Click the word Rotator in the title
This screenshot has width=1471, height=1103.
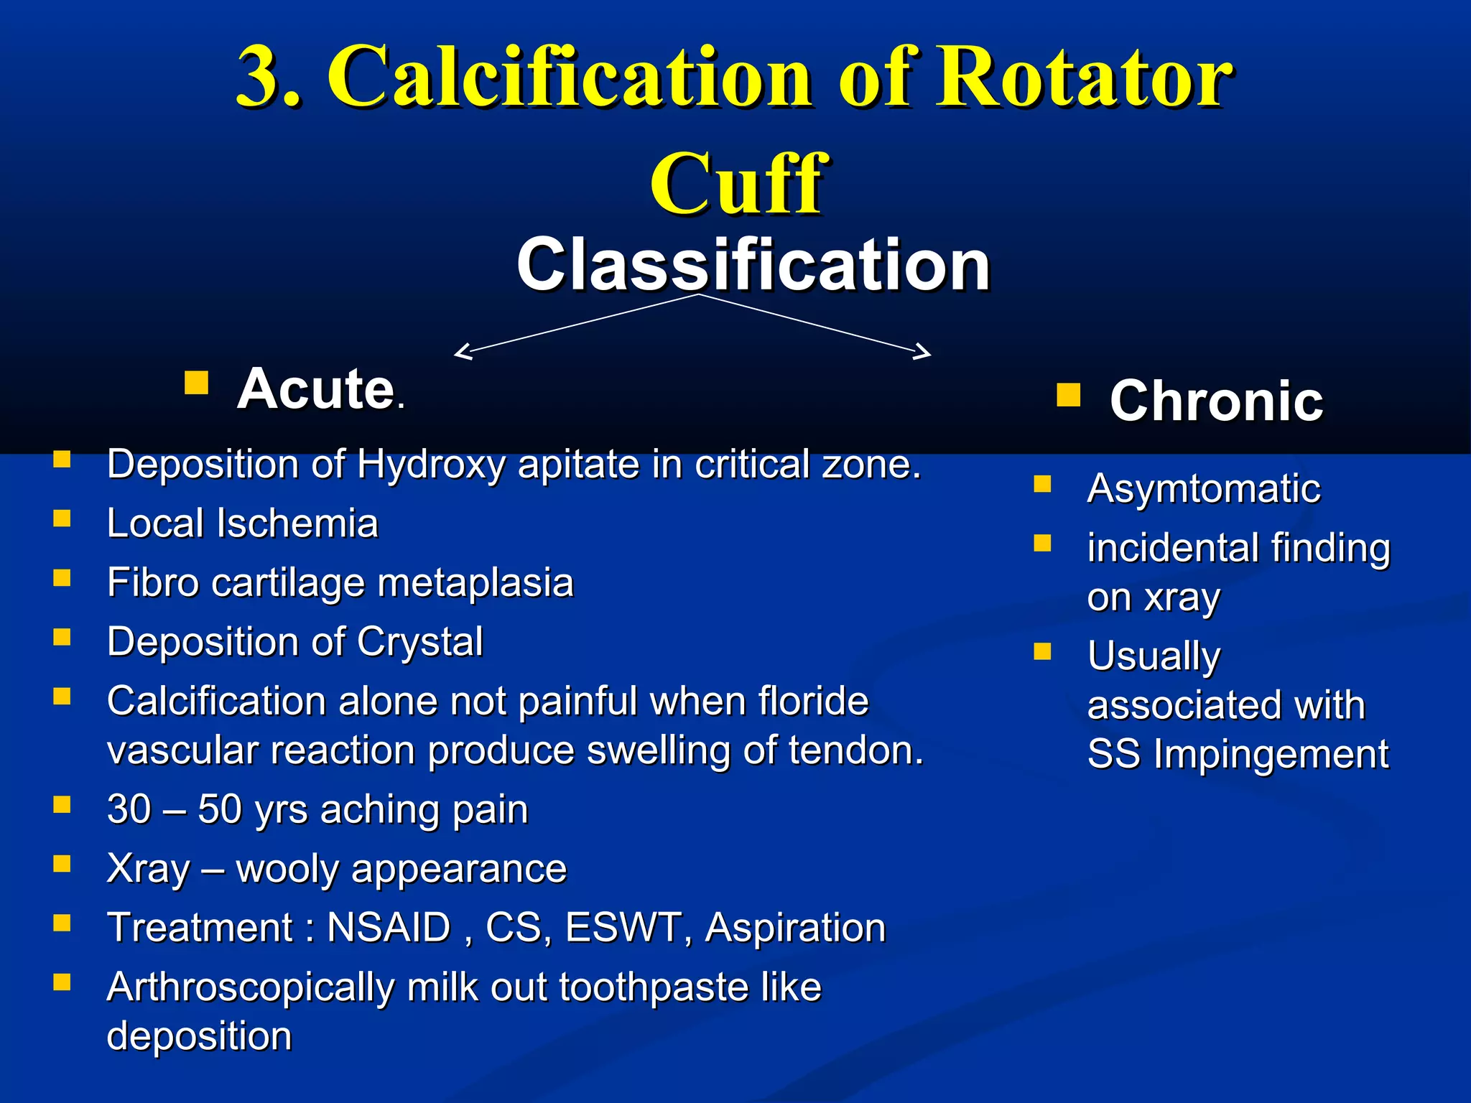[1085, 77]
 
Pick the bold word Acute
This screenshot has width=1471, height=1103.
[316, 389]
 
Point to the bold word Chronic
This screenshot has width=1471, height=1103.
[1215, 401]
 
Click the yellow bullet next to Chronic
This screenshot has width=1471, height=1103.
[1068, 395]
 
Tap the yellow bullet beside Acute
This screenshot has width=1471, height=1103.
[196, 383]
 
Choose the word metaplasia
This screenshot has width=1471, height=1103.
[475, 582]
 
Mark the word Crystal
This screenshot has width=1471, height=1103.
[419, 641]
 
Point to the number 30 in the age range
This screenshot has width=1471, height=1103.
[129, 809]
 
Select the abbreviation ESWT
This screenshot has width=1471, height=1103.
[623, 928]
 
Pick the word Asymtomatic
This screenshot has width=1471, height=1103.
[1203, 490]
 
